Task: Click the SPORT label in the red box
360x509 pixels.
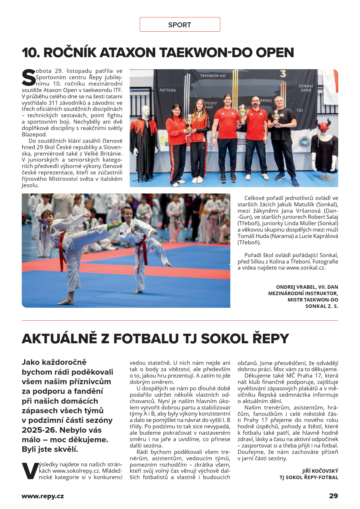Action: tap(179, 25)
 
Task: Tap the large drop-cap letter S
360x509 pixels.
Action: tap(29, 77)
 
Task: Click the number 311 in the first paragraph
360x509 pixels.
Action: tap(53, 103)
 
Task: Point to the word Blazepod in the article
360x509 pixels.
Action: tap(34, 134)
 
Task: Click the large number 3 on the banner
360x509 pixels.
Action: tap(283, 74)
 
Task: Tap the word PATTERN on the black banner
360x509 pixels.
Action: tap(168, 90)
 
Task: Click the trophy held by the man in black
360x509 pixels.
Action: tap(276, 117)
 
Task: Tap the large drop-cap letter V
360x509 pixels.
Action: tap(30, 471)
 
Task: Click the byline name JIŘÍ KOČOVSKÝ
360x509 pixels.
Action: tap(320, 471)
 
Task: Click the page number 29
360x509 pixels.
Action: tap(333, 496)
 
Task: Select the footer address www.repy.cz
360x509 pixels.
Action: tap(43, 496)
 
